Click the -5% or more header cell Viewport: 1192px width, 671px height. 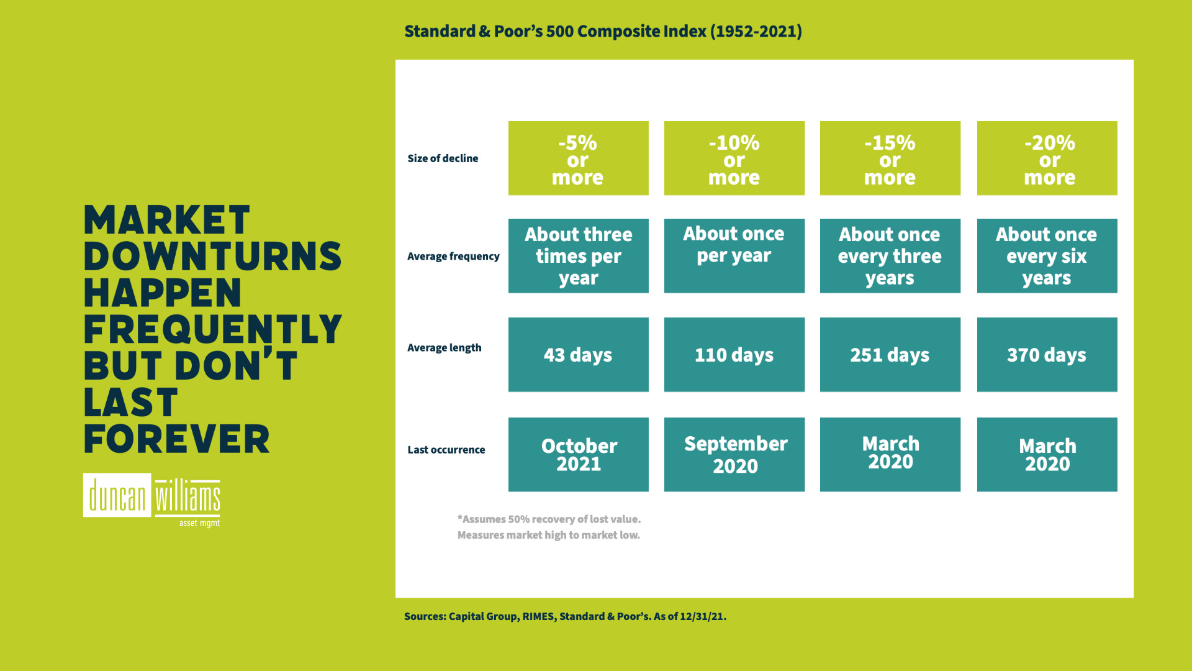coord(578,158)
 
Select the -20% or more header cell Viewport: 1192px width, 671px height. coord(1047,158)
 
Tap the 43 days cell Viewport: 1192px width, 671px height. coord(578,355)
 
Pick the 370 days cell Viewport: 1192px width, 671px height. coord(1047,355)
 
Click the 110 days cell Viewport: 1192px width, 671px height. coord(734,355)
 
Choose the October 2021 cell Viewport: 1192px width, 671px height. coord(578,454)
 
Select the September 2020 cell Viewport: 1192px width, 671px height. coord(734,454)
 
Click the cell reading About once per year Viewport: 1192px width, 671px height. coord(734,255)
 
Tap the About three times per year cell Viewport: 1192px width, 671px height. coord(578,255)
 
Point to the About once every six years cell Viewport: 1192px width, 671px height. coord(1047,255)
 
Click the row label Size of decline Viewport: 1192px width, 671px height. coord(443,158)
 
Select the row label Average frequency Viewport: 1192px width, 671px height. coord(453,256)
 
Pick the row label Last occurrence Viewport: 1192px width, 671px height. coord(446,450)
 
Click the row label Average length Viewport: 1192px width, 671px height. coord(444,348)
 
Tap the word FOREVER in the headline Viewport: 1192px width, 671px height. coord(177,439)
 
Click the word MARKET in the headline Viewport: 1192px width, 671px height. coord(166,220)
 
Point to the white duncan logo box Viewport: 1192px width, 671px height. coord(117,495)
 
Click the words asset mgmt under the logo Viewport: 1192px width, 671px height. coord(199,523)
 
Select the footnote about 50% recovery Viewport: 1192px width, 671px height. coord(549,519)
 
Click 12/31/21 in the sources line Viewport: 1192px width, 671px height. coord(702,616)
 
